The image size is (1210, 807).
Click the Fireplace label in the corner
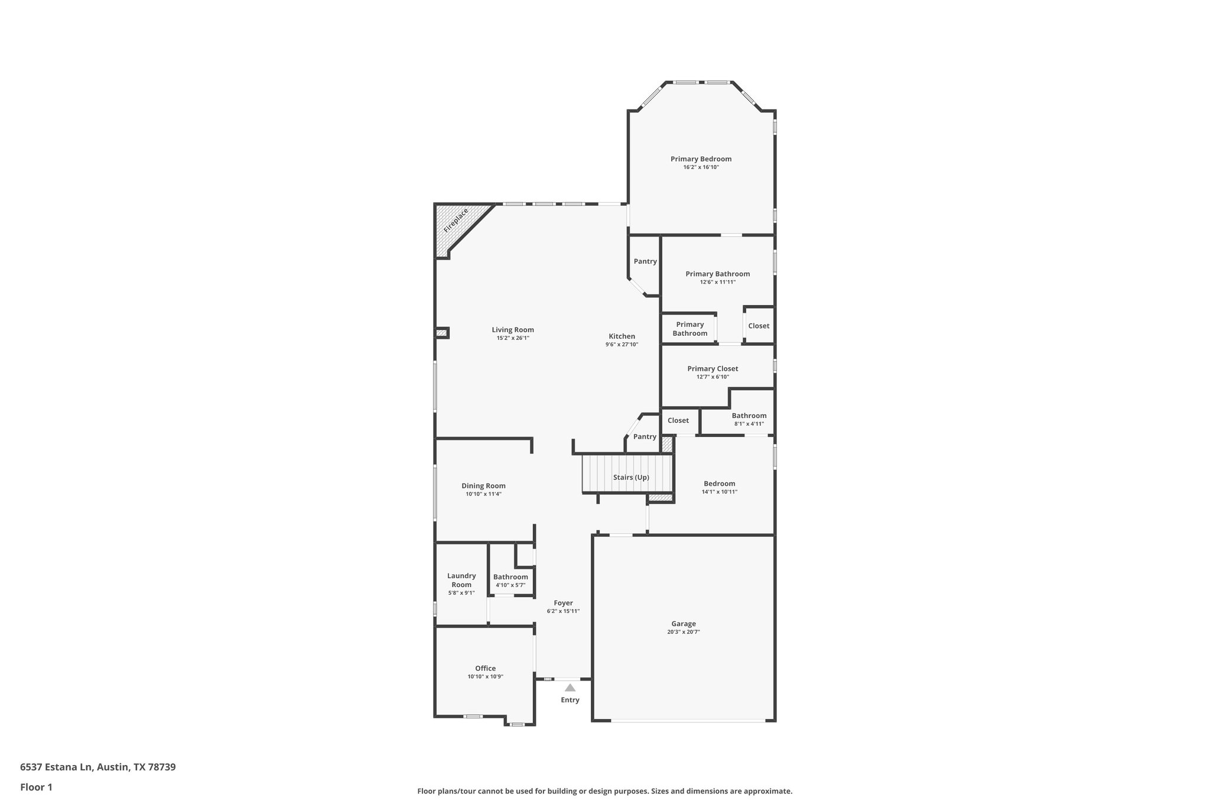(456, 220)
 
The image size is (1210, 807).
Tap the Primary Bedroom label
(701, 159)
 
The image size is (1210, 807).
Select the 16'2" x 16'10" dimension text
(701, 167)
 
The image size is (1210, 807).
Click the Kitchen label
(622, 336)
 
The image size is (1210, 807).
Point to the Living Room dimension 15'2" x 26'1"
(513, 338)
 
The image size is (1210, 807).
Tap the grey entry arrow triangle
(570, 688)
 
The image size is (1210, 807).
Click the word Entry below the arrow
(570, 700)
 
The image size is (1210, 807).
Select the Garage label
(684, 624)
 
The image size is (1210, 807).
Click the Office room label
(485, 669)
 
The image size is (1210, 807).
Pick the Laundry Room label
(461, 580)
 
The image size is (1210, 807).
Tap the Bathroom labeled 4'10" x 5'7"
(510, 577)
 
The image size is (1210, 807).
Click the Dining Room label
(483, 486)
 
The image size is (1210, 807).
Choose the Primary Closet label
(713, 369)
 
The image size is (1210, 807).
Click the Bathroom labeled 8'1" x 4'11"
(749, 416)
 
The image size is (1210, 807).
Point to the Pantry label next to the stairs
(645, 437)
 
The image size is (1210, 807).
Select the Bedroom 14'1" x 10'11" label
(719, 484)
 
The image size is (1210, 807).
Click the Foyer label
(563, 603)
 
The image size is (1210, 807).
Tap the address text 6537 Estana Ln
(57, 767)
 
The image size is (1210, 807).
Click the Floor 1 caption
(36, 787)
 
